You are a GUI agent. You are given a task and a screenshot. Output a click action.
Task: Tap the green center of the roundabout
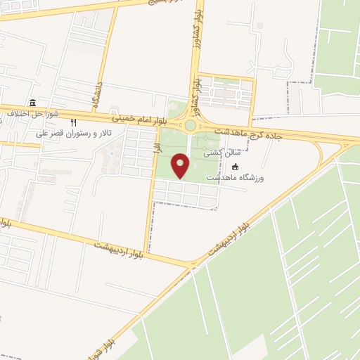pyautogui.click(x=191, y=127)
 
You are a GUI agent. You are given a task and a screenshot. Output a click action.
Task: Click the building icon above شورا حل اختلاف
pyautogui.click(x=33, y=103)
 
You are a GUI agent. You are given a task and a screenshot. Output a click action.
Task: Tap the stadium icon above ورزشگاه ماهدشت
pyautogui.click(x=236, y=167)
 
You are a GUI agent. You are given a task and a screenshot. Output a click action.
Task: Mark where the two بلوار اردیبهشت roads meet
pyautogui.click(x=191, y=265)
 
